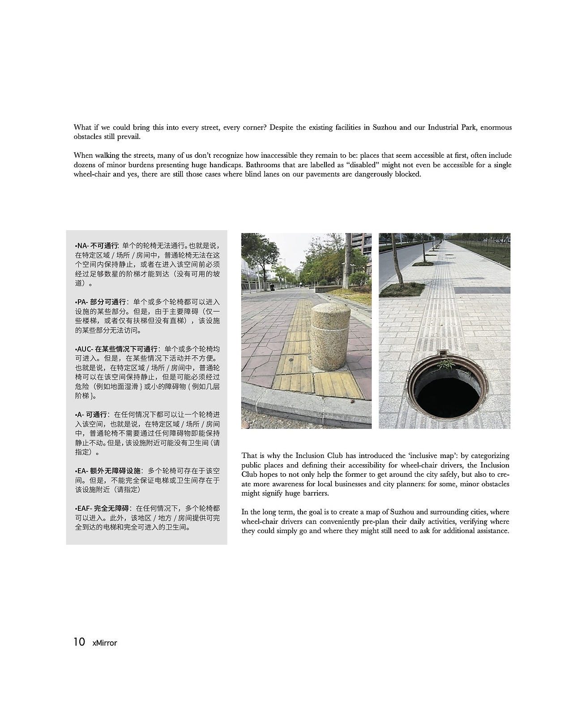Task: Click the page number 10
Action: [79, 642]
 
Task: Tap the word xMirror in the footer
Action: [104, 643]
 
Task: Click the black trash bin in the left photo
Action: [271, 286]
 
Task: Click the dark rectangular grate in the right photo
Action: [483, 290]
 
